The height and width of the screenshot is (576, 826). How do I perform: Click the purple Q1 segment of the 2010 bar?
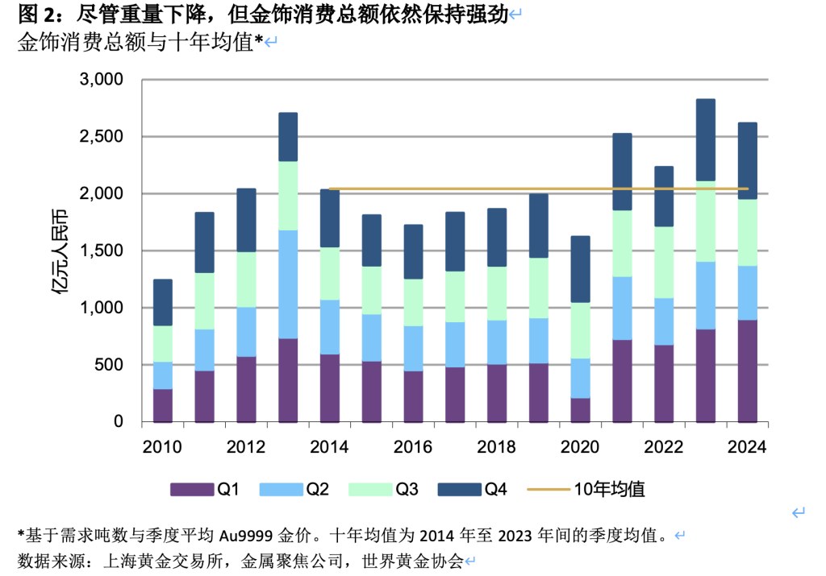(x=163, y=405)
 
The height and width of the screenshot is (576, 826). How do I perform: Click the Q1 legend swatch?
(x=190, y=489)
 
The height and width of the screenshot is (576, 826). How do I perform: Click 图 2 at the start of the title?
(x=33, y=14)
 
